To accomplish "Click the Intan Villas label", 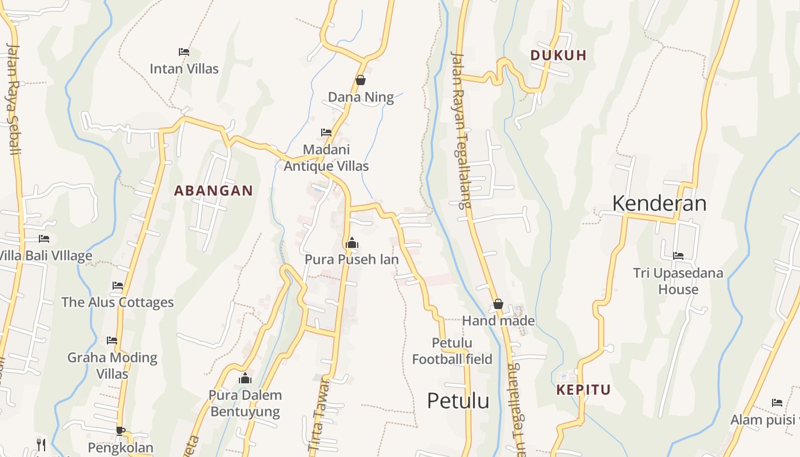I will [184, 69].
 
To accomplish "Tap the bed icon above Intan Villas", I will [184, 51].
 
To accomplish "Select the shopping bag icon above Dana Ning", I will [361, 80].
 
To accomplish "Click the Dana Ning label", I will [361, 97].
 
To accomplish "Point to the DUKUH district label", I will [558, 55].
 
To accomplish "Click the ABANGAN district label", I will [213, 191].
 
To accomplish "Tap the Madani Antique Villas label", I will [326, 158].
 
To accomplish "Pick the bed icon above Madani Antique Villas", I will [326, 132].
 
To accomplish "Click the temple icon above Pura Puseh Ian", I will [352, 243].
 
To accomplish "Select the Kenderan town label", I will [659, 203].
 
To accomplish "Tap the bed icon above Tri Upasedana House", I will [678, 255].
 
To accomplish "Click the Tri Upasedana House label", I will [678, 281].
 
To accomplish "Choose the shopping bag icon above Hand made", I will [498, 304].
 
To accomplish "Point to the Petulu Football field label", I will [452, 351].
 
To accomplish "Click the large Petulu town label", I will [458, 401].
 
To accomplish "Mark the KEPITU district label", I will [583, 390].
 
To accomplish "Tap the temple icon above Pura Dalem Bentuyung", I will [245, 378].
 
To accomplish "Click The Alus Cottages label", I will [117, 302].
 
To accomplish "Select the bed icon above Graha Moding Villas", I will [112, 340].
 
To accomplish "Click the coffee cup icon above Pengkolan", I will [120, 430].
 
